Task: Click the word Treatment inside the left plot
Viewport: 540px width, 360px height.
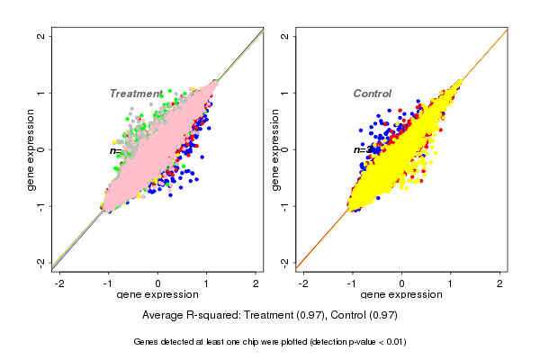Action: pos(135,94)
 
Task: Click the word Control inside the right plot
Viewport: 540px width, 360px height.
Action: pos(372,94)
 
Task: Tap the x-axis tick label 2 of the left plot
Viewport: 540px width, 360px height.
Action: pos(256,283)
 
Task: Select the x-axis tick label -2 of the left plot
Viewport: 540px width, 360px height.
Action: pos(60,283)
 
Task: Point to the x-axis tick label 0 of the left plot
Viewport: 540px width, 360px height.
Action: pos(158,283)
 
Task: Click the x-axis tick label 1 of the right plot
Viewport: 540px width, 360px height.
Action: pos(452,283)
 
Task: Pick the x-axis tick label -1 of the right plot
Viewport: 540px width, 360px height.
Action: pos(354,283)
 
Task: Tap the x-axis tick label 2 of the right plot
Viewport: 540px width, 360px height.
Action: pos(500,283)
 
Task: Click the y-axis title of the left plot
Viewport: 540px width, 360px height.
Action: pos(31,149)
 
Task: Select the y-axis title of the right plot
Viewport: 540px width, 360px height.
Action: pos(275,149)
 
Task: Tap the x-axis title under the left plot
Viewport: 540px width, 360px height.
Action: pos(158,295)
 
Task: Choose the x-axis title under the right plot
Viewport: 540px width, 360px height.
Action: pos(402,295)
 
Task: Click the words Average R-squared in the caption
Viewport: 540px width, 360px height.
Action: pos(185,316)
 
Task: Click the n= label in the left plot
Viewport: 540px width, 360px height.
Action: pos(116,150)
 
